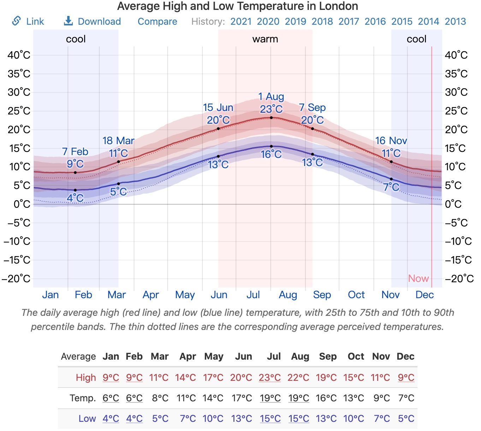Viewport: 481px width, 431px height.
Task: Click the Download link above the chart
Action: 93,22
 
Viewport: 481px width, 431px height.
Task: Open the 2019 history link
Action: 295,22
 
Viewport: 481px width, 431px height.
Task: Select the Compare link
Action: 157,22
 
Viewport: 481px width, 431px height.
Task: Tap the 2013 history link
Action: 455,22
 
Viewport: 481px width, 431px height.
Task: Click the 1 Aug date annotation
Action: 271,96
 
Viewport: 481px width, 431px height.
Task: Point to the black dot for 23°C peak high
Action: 271,118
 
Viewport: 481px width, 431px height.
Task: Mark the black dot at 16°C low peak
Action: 271,146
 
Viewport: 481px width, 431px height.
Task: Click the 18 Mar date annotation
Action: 118,141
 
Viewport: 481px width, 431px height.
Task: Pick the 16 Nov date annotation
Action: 391,141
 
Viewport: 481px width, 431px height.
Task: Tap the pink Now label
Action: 418,278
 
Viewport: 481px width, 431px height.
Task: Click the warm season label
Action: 265,39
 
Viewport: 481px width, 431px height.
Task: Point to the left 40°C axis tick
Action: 19,55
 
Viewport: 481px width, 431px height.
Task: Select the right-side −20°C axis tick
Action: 459,278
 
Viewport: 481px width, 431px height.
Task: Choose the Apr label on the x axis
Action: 151,295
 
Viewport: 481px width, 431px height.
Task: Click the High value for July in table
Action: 269,378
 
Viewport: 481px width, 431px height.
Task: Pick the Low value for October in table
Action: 354,419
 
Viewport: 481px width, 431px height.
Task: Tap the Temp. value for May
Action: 213,398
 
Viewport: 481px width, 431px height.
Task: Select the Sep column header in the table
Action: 328,356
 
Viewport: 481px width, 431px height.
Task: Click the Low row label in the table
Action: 87,419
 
